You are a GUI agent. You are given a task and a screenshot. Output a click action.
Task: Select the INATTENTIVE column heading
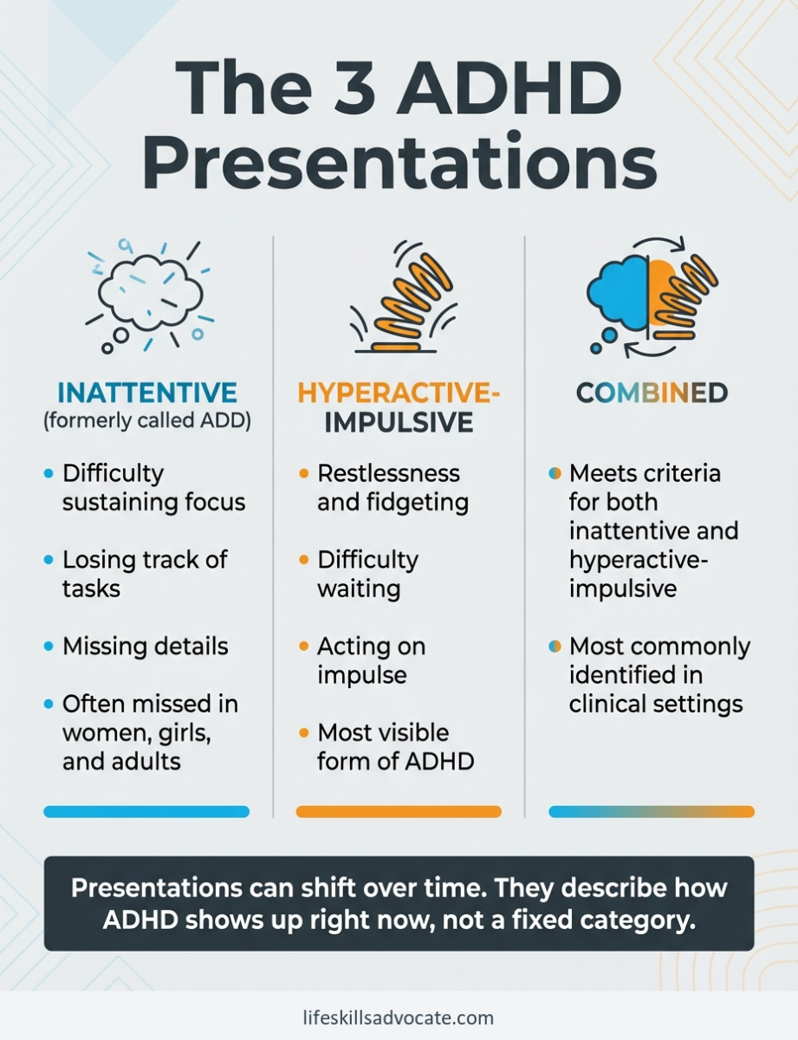[146, 393]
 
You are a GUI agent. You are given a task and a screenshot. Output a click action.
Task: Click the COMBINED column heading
[652, 393]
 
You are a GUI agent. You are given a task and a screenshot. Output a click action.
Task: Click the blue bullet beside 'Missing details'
[48, 647]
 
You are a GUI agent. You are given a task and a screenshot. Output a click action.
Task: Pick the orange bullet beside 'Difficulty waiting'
[303, 561]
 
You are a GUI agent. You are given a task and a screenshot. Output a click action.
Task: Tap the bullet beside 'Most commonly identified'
[555, 647]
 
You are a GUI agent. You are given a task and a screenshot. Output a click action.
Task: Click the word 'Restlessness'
[388, 473]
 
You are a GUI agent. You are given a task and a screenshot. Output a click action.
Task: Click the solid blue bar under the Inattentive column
[146, 812]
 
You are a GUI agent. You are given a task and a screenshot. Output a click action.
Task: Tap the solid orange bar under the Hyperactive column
[399, 812]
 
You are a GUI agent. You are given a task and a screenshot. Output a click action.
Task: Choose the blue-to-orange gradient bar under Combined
[652, 812]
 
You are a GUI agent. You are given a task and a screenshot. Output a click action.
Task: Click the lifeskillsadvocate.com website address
[399, 1017]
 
